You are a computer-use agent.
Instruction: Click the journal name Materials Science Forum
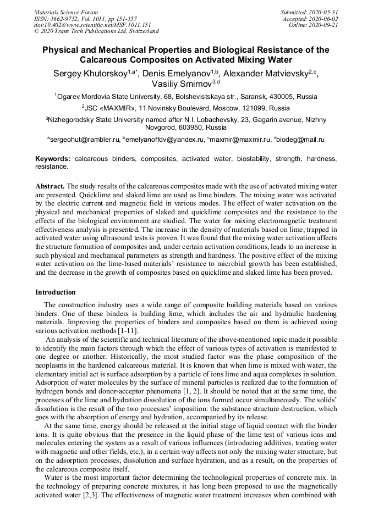(66, 12)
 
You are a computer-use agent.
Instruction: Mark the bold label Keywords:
(53, 158)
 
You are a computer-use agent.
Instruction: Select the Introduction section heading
(56, 292)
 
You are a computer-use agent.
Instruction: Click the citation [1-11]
(128, 331)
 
